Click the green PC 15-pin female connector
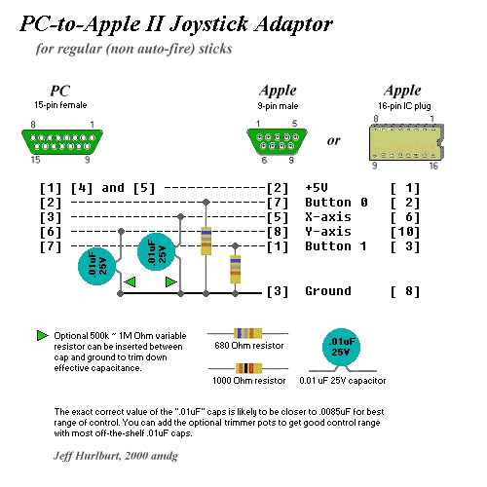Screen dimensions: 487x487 (x=62, y=142)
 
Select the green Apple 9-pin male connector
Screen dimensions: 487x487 (x=277, y=142)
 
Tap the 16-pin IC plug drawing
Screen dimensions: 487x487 (x=406, y=142)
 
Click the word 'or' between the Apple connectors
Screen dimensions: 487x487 (x=334, y=141)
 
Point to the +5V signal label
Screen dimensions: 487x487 (x=317, y=188)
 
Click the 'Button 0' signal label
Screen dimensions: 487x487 (x=336, y=203)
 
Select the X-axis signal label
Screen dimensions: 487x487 (x=328, y=217)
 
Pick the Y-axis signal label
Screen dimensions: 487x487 (x=328, y=232)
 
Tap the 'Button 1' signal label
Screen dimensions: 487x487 (x=336, y=246)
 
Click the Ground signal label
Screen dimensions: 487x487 (x=328, y=291)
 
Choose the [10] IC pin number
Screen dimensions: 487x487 (x=405, y=232)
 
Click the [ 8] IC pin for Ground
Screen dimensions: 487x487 (x=405, y=291)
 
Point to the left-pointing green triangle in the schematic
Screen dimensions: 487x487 (x=130, y=281)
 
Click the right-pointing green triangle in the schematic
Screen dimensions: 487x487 (x=171, y=281)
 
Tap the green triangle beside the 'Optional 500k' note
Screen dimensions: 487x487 (x=43, y=336)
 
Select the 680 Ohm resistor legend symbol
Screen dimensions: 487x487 (x=247, y=333)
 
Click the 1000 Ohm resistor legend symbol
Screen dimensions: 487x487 (x=248, y=368)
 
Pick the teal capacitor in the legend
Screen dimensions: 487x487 (x=342, y=348)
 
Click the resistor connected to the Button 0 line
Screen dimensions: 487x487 (x=206, y=241)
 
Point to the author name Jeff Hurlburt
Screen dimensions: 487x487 (x=88, y=456)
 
